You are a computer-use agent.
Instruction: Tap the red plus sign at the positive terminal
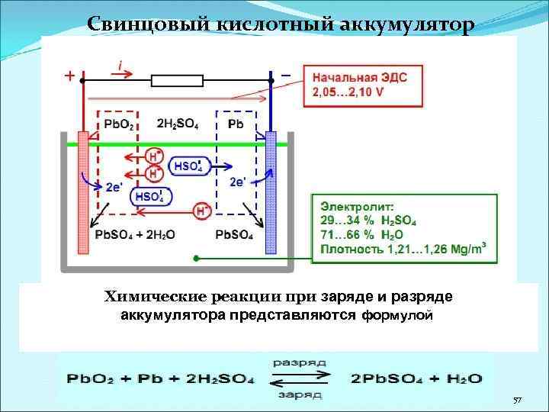69,77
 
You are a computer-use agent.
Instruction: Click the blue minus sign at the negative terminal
285,76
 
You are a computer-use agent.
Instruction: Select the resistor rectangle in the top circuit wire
177,79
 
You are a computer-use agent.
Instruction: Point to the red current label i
120,66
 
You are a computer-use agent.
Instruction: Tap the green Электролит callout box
405,227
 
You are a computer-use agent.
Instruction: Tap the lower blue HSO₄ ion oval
151,197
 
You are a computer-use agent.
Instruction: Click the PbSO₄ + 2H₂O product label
135,234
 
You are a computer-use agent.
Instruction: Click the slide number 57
517,401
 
